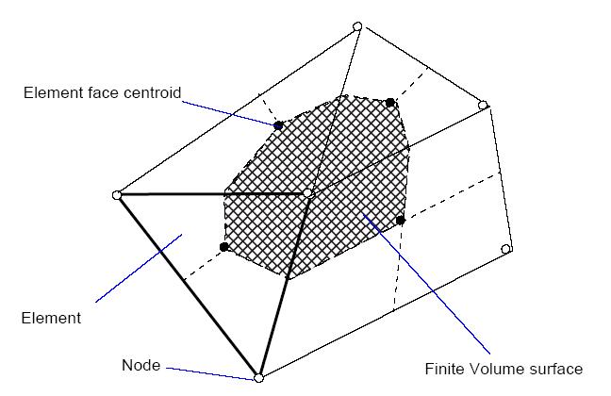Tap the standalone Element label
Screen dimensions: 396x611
pyautogui.click(x=51, y=318)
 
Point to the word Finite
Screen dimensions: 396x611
pyautogui.click(x=444, y=369)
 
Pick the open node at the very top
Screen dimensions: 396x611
pyautogui.click(x=357, y=26)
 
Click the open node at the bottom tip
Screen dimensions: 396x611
pyautogui.click(x=258, y=378)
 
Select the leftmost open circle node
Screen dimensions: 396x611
pyautogui.click(x=117, y=195)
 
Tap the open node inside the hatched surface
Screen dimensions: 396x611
pyautogui.click(x=307, y=193)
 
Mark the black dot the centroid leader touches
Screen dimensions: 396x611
pyautogui.click(x=277, y=125)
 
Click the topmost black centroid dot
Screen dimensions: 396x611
pyautogui.click(x=390, y=102)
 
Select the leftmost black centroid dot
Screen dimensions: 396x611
pyautogui.click(x=224, y=247)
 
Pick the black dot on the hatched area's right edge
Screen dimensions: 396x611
pyautogui.click(x=400, y=220)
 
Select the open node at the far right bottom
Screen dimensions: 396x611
pyautogui.click(x=506, y=249)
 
